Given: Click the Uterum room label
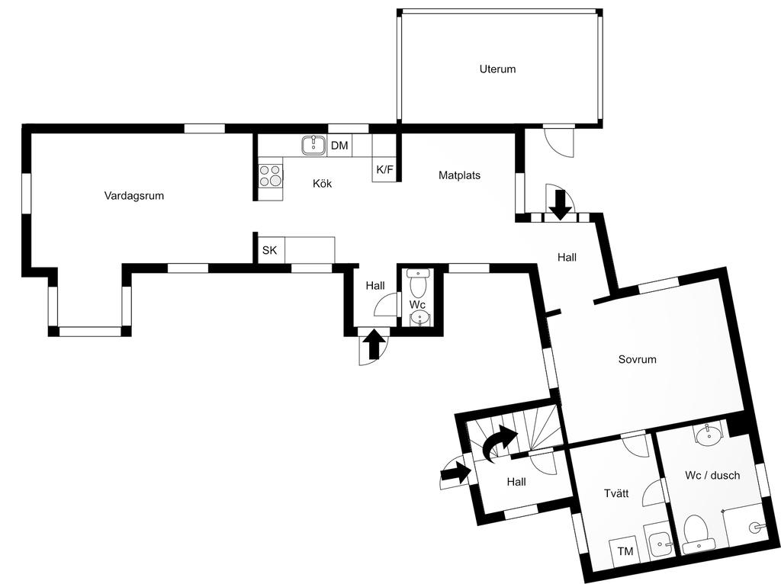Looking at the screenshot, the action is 497,69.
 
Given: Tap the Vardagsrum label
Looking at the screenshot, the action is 134,196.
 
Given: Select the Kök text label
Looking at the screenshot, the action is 322,184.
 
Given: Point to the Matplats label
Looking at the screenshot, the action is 459,175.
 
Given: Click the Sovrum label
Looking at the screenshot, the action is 637,359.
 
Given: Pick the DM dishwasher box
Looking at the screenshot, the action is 339,146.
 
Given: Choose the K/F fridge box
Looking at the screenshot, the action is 384,170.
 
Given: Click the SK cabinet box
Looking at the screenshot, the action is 269,249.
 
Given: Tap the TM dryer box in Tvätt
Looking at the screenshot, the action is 625,551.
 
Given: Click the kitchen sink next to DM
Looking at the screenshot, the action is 313,145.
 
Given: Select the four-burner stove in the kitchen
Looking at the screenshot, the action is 270,176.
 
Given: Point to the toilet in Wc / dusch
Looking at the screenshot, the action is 697,534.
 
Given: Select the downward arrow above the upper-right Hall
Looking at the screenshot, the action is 561,204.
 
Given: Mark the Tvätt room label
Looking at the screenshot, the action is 616,493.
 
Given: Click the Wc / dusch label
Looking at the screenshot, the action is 712,476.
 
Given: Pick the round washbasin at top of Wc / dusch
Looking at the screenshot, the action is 709,437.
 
